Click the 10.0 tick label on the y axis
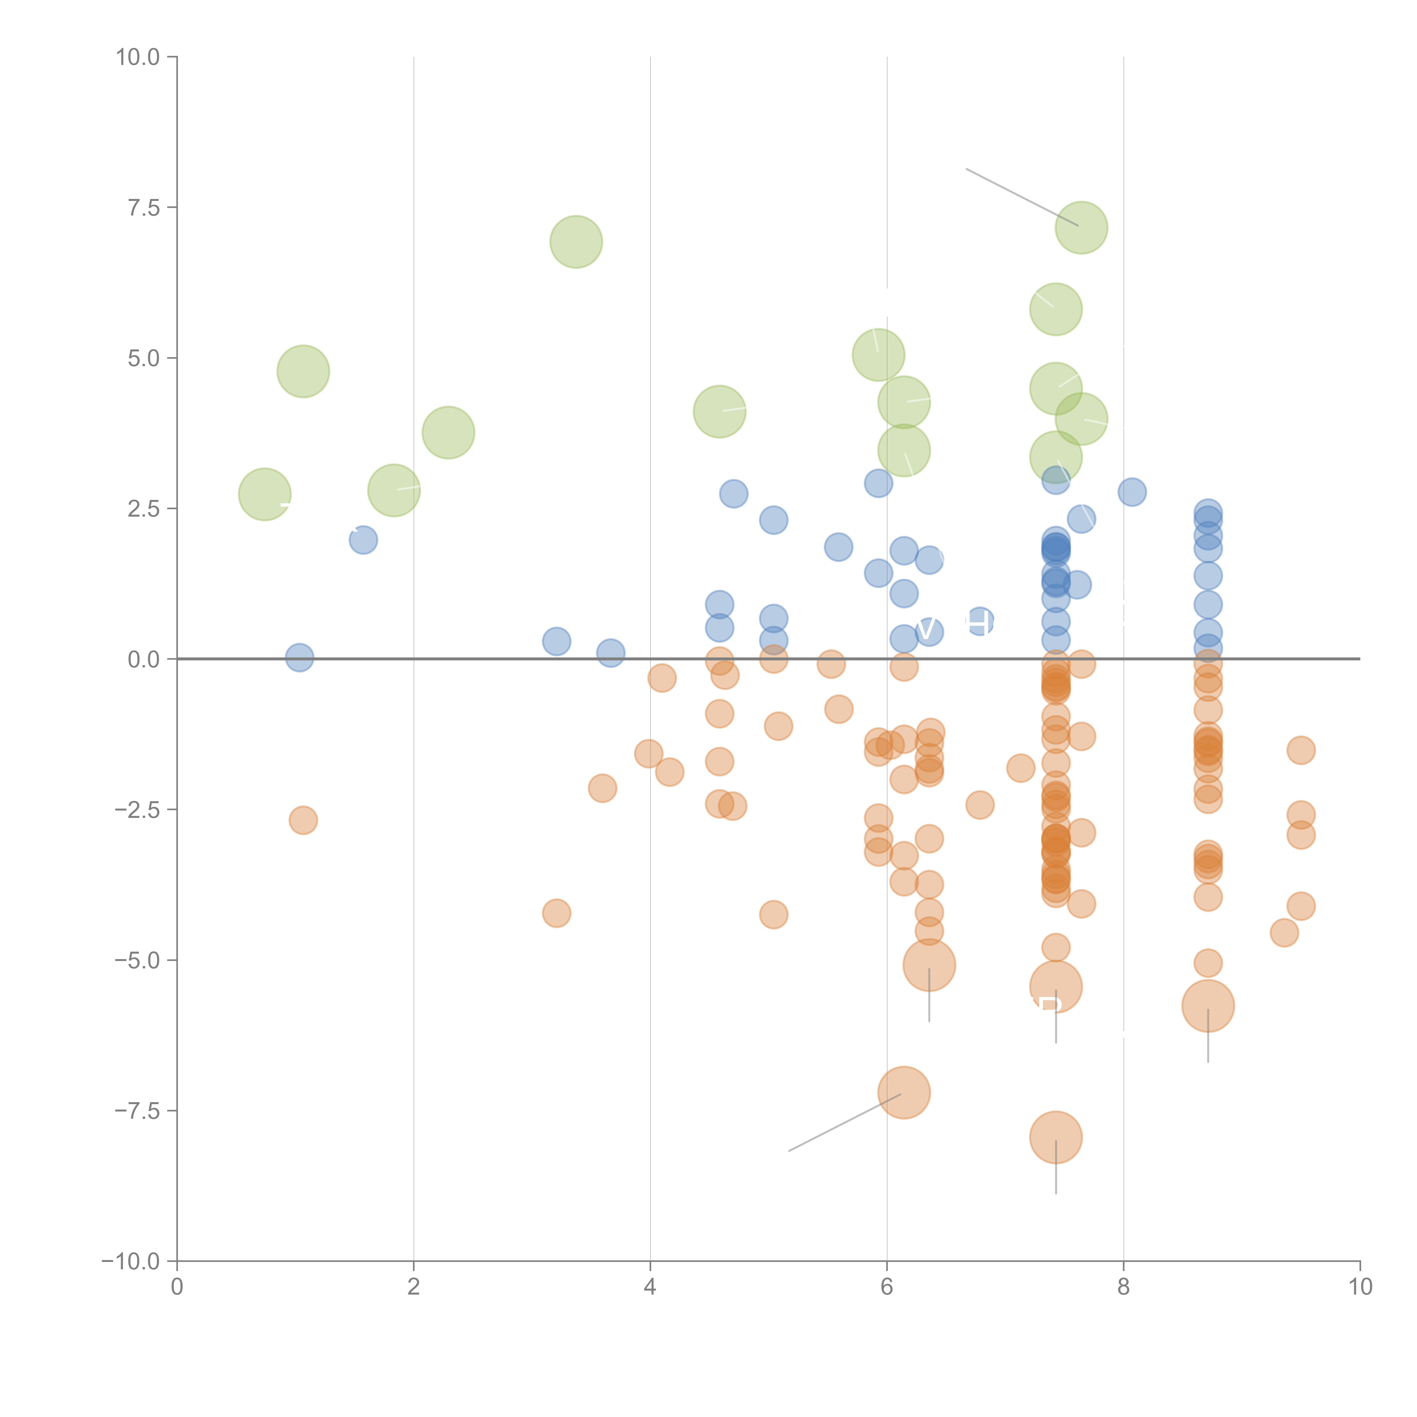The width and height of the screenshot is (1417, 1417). [138, 57]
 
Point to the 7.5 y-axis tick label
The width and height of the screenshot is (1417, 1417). [144, 207]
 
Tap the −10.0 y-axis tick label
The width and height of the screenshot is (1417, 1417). [131, 1261]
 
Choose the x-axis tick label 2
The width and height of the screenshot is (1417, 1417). [414, 1287]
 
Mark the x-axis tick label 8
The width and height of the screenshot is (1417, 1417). [1124, 1287]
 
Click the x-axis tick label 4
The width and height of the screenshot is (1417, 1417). [650, 1287]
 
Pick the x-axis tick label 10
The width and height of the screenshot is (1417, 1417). [1360, 1287]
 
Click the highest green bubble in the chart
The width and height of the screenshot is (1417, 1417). [1081, 227]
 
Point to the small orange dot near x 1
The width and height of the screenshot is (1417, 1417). [303, 820]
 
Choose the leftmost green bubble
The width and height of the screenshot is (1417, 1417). [265, 494]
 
